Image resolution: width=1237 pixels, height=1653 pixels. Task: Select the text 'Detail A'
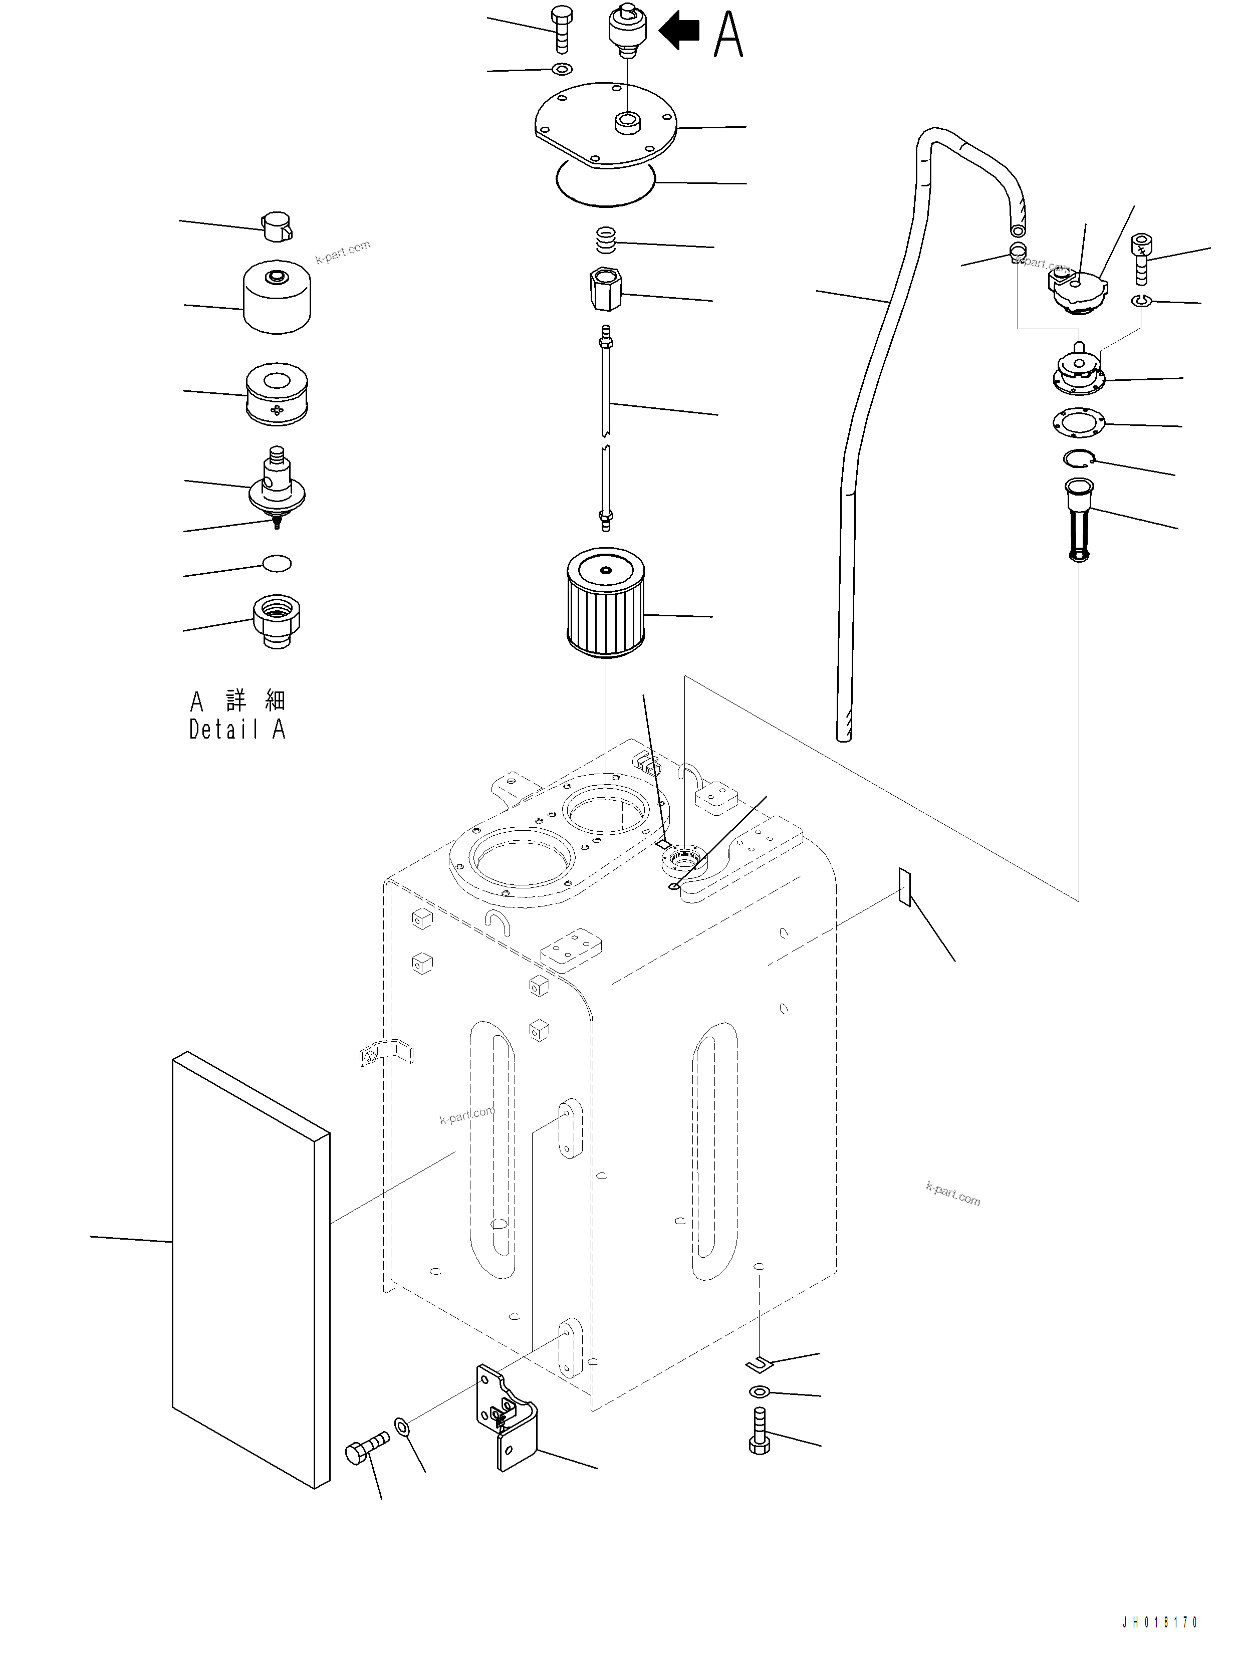click(x=237, y=730)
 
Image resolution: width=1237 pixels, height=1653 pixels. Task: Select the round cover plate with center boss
click(x=605, y=123)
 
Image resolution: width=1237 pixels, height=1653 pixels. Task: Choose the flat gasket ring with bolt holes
click(x=1079, y=422)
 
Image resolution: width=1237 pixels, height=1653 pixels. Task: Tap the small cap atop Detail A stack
click(x=277, y=225)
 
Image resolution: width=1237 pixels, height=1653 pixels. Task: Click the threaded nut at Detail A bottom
click(x=277, y=620)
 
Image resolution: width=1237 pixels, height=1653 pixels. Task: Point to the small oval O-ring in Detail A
click(x=277, y=564)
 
